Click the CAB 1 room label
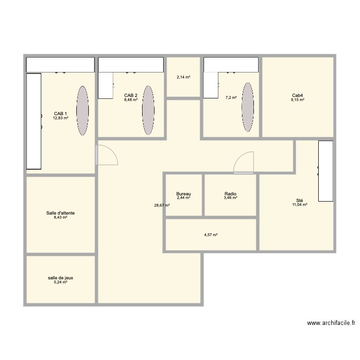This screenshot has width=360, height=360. (x=60, y=114)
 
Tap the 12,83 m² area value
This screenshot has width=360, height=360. (x=61, y=118)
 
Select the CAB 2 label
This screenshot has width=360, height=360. (x=131, y=96)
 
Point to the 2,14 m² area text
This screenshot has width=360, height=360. (x=183, y=77)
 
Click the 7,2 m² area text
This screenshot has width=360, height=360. (x=231, y=97)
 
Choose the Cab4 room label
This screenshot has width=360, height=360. (x=298, y=96)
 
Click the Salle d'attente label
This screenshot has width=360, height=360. (x=60, y=213)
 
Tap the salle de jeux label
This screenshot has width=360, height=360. (x=60, y=278)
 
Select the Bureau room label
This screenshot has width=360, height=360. (x=183, y=194)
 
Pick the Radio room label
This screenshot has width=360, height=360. (x=230, y=194)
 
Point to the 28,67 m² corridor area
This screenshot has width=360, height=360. (x=162, y=205)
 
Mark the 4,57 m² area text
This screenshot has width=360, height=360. (x=211, y=235)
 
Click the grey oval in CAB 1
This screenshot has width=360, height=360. (x=83, y=110)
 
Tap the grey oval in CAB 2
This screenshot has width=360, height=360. (x=148, y=110)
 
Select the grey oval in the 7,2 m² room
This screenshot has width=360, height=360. (x=248, y=107)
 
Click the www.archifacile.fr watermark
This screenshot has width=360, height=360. (x=331, y=324)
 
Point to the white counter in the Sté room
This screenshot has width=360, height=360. (x=326, y=171)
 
